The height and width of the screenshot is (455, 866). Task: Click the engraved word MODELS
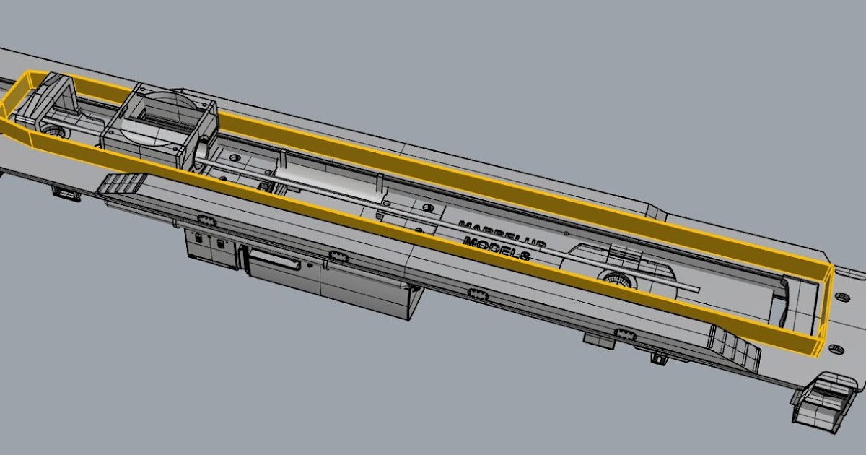tap(498, 248)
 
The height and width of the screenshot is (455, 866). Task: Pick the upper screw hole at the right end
tap(840, 296)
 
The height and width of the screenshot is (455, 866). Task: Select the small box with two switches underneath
tap(211, 247)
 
